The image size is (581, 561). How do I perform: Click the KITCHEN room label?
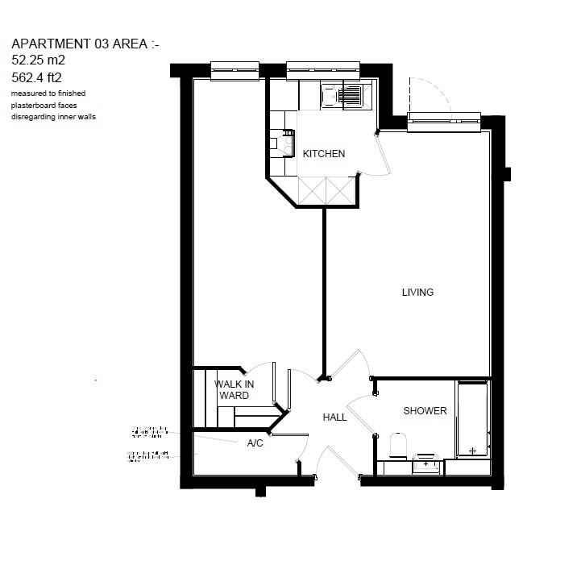click(x=323, y=153)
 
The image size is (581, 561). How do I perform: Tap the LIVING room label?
click(x=417, y=292)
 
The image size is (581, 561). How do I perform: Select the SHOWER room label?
click(x=425, y=411)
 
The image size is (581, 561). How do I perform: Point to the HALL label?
click(x=334, y=418)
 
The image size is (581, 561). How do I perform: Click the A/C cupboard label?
click(x=255, y=443)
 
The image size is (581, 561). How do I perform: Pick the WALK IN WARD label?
click(x=234, y=390)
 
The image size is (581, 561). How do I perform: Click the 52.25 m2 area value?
click(x=38, y=59)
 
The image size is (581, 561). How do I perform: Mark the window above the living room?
click(x=444, y=122)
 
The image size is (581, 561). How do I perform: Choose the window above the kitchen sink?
click(x=322, y=71)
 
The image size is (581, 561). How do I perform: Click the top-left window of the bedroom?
click(x=234, y=71)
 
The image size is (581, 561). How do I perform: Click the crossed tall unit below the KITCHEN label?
click(x=326, y=191)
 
